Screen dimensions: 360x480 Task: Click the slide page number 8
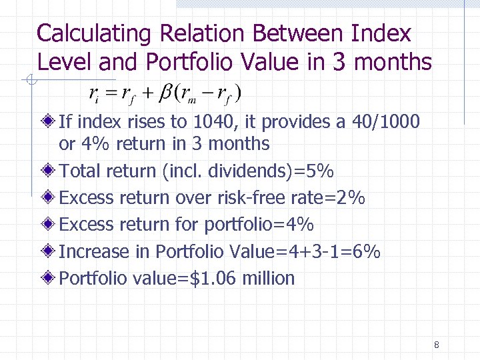[436, 345]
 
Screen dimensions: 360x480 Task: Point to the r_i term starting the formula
[94, 94]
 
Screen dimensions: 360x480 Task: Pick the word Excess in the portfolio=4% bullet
[87, 225]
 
